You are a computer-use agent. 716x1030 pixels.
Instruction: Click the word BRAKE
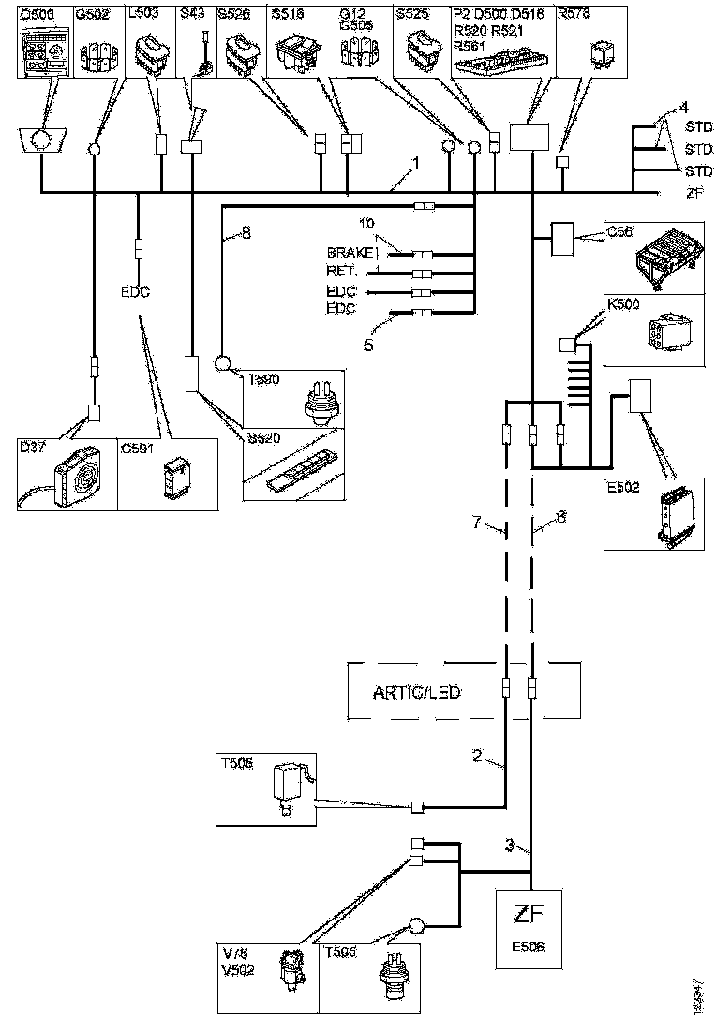349,254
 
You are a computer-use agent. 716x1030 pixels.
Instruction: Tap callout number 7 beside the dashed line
478,524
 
